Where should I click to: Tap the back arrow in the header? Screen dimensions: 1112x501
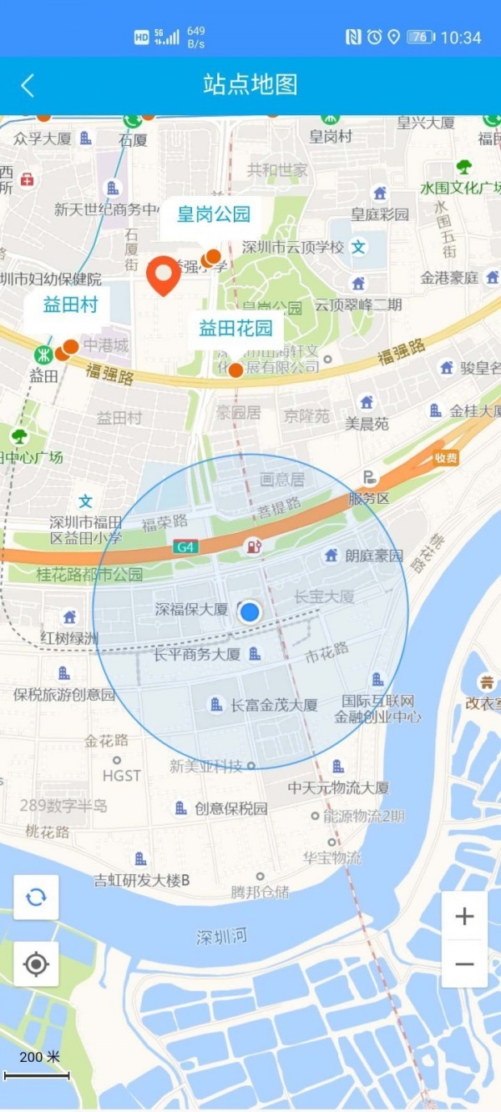(x=28, y=85)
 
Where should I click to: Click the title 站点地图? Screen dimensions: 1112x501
(x=250, y=84)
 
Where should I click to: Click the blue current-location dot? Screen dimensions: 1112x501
(x=250, y=612)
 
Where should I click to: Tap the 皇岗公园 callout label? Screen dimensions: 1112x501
(x=214, y=214)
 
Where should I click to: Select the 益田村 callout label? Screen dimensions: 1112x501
(x=70, y=304)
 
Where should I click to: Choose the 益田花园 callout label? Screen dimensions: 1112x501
(x=235, y=329)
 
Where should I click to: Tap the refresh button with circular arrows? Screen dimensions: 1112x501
(x=36, y=898)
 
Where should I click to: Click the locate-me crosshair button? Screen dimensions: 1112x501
(x=36, y=964)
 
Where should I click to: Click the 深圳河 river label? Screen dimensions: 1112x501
(x=222, y=937)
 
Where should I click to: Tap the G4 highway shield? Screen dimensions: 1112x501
(x=185, y=547)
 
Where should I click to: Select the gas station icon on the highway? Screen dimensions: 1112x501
(x=252, y=547)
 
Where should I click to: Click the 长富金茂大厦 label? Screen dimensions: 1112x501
(x=274, y=706)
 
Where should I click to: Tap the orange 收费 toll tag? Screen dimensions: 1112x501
(x=446, y=457)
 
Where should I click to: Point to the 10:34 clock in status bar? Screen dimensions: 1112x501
(x=461, y=38)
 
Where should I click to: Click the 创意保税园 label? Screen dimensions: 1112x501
(x=231, y=808)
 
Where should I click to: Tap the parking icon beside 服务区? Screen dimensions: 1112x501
(x=369, y=478)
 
